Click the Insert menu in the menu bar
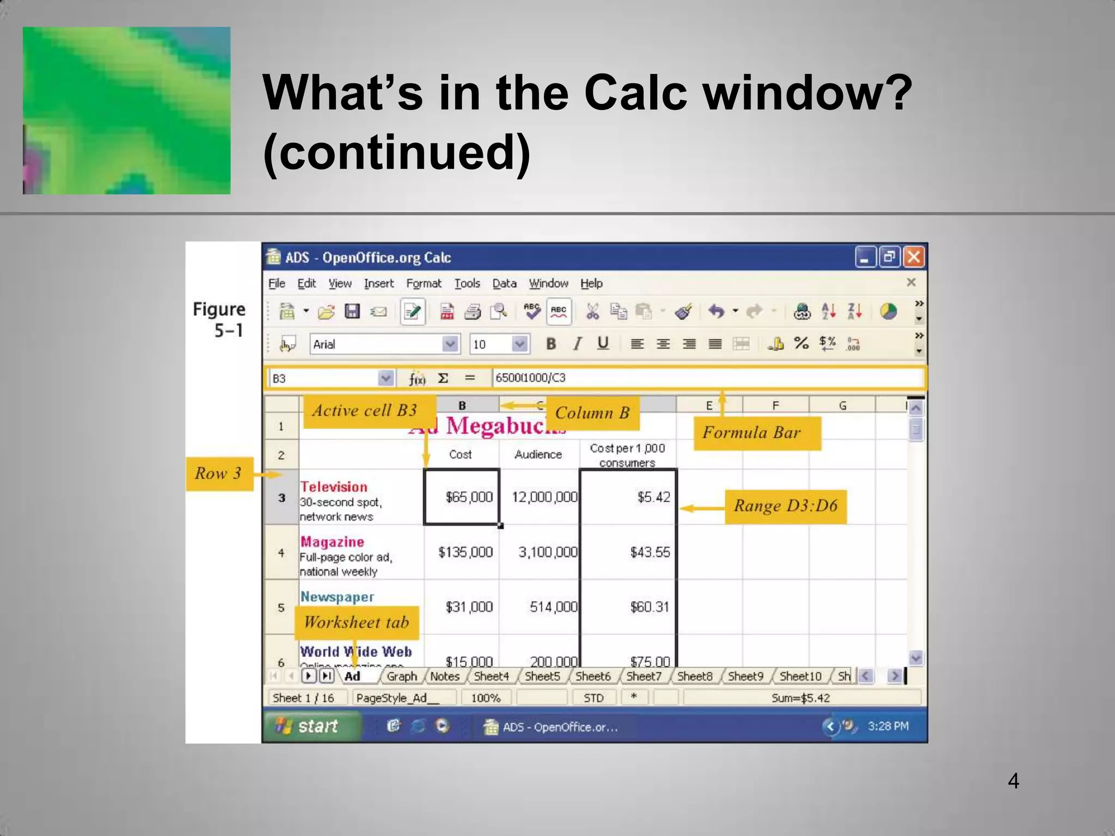click(378, 284)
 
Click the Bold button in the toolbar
click(551, 343)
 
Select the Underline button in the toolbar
click(603, 343)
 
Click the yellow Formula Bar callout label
click(757, 433)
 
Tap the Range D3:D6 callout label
click(785, 506)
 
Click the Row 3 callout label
click(219, 474)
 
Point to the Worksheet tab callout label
click(357, 623)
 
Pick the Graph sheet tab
click(402, 676)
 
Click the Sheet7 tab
click(644, 676)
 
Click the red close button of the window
click(914, 257)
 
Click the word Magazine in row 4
click(332, 542)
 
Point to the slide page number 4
click(1013, 781)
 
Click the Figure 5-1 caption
click(219, 319)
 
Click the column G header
click(842, 405)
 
